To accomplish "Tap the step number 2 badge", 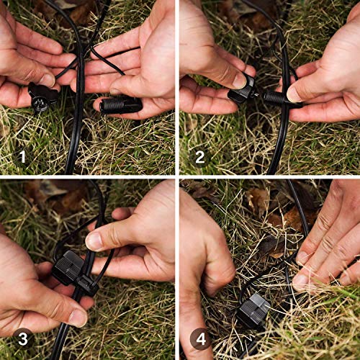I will click(x=200, y=154).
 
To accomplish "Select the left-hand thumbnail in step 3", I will click(x=77, y=317).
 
